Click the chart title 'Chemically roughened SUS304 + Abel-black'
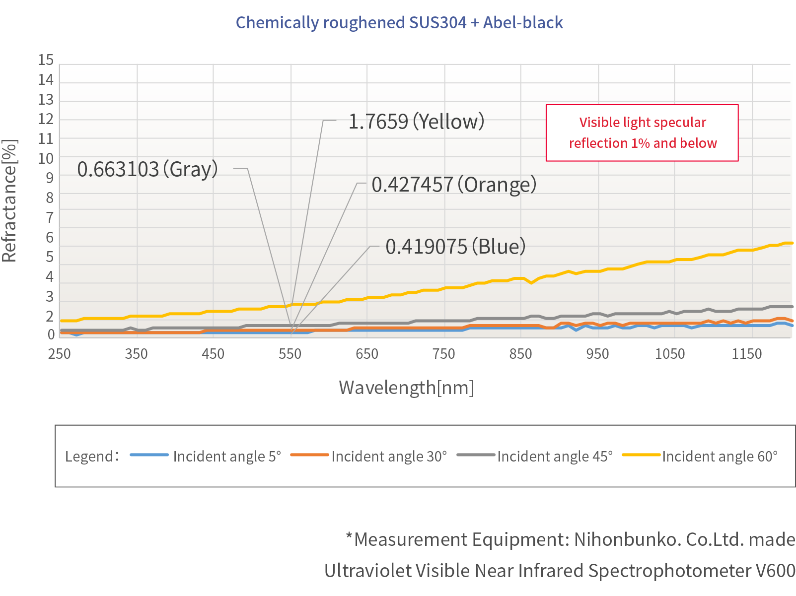(x=399, y=23)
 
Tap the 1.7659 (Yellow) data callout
(x=416, y=122)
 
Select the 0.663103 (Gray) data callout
(x=147, y=169)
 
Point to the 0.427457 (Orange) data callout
(x=454, y=185)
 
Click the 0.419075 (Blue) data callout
(x=455, y=247)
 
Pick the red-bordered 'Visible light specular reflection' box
(x=642, y=132)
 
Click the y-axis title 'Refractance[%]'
(x=9, y=200)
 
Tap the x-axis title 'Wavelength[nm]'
(x=406, y=388)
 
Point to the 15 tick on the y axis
(x=46, y=60)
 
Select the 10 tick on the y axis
(x=46, y=158)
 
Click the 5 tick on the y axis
(x=49, y=257)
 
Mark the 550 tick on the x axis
(x=290, y=354)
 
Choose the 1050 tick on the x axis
(x=670, y=354)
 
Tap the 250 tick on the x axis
(x=59, y=354)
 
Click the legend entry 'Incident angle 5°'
(x=226, y=456)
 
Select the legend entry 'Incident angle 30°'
(x=389, y=456)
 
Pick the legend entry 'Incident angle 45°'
(x=555, y=456)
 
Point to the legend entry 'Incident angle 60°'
(x=720, y=456)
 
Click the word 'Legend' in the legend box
(x=89, y=456)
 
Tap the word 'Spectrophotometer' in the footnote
(x=669, y=571)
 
